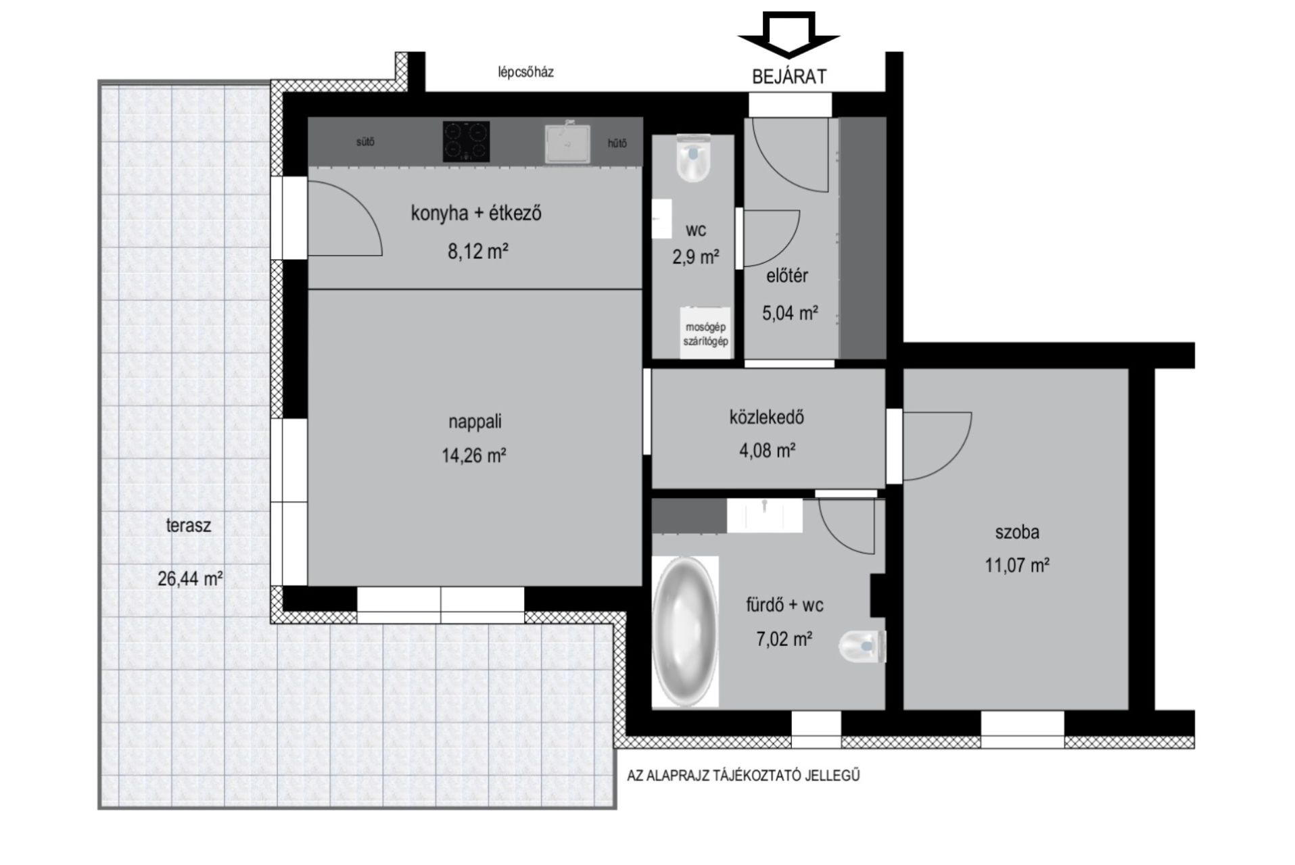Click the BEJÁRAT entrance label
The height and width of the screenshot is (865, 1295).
point(789,76)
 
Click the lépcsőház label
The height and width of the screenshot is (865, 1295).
point(526,72)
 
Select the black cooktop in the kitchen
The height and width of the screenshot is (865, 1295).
point(466,141)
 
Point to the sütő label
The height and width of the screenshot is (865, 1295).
point(365,142)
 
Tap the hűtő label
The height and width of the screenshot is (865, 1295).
point(617,143)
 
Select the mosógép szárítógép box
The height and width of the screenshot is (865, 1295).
point(705,334)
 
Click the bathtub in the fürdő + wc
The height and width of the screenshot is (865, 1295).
point(685,631)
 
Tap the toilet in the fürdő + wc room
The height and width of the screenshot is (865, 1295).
point(863,647)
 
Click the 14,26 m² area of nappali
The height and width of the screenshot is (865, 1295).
point(474,455)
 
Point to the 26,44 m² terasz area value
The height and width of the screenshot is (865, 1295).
point(191,578)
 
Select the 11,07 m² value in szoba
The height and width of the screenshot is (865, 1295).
point(1017,565)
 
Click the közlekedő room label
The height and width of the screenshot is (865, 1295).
point(767,417)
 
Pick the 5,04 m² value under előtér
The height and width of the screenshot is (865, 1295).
point(790,313)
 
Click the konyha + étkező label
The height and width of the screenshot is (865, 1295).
point(476,214)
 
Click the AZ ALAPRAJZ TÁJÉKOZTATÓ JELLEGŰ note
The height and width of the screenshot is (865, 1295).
point(743,776)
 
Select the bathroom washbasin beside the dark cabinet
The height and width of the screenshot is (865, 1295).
point(765,516)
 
